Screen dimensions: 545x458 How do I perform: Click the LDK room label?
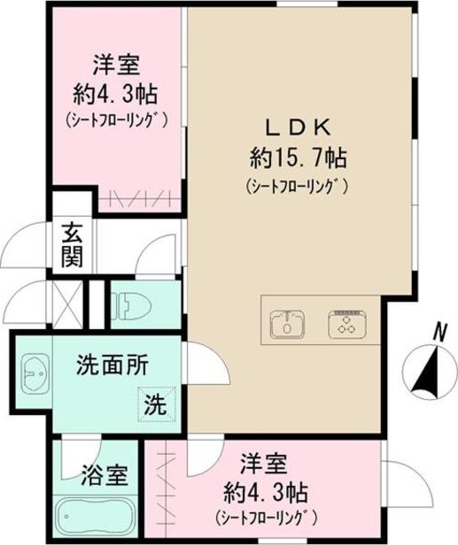click(297, 126)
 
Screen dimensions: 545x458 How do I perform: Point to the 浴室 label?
click(105, 476)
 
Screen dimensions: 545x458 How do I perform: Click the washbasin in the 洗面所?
click(34, 378)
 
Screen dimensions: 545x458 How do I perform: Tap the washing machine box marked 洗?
click(156, 406)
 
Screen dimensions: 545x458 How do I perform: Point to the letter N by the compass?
click(438, 331)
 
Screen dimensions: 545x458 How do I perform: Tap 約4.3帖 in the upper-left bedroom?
click(116, 92)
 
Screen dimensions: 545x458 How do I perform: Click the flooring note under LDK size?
click(297, 187)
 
